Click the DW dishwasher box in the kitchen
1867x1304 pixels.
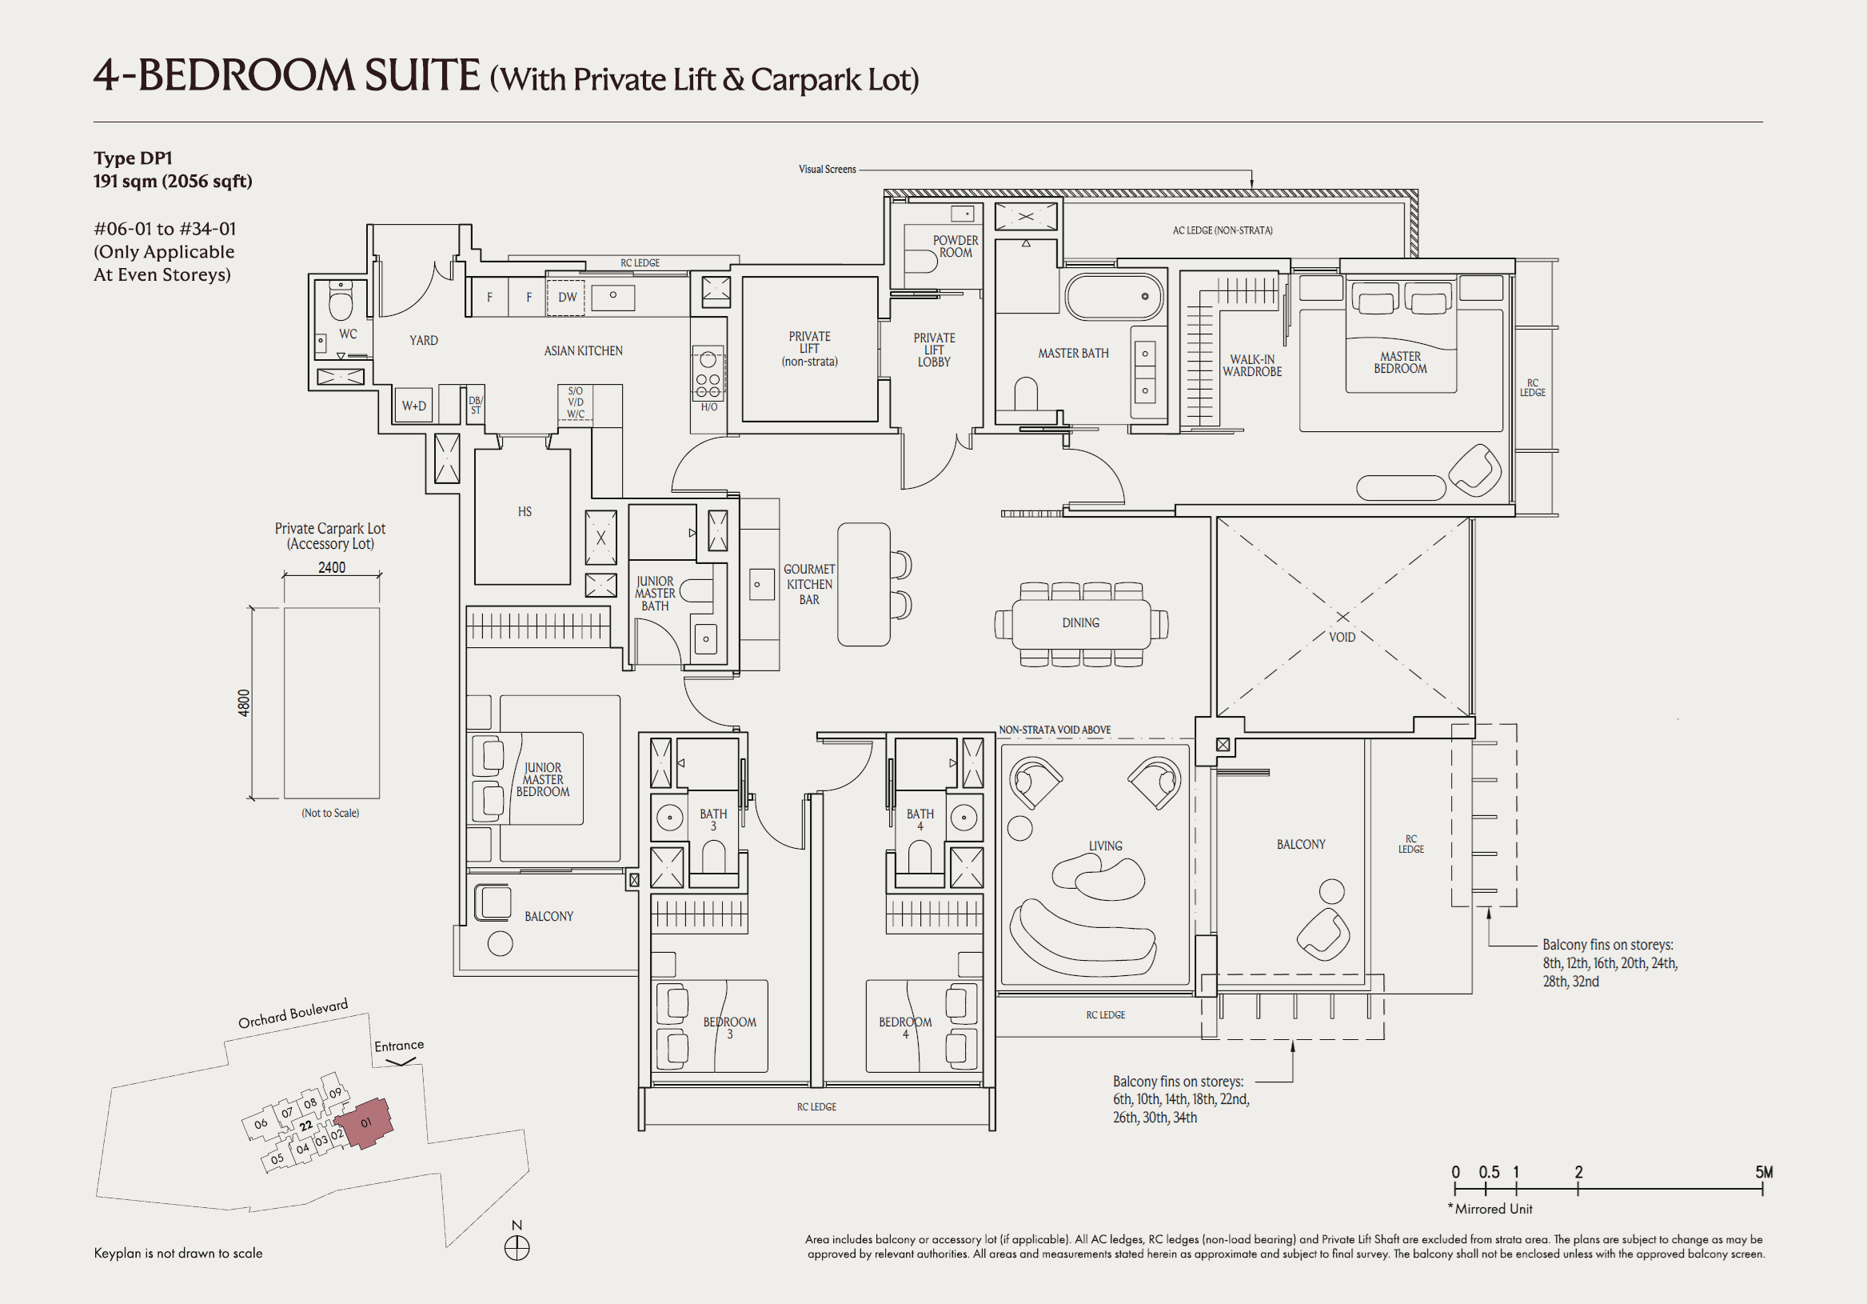tap(567, 297)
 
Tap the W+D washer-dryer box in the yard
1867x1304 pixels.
tap(414, 405)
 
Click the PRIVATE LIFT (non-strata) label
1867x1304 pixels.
tap(809, 348)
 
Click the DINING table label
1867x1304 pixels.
tap(1080, 622)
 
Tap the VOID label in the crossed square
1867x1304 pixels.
tap(1342, 637)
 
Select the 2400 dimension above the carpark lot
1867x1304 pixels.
tap(331, 567)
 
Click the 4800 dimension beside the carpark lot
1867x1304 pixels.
tap(244, 703)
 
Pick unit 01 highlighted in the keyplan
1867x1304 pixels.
tap(366, 1122)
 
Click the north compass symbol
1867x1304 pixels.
tap(517, 1247)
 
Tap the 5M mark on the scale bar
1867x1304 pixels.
tap(1763, 1172)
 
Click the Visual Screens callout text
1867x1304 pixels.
tap(827, 170)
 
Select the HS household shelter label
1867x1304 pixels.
tap(525, 512)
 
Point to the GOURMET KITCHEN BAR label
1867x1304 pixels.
tap(808, 584)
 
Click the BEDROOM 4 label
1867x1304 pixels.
tap(905, 1027)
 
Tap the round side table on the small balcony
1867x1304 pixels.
tap(500, 944)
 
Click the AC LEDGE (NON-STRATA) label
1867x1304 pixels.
tap(1223, 230)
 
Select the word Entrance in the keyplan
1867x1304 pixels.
tap(398, 1046)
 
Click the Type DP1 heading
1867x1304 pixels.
tap(133, 158)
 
